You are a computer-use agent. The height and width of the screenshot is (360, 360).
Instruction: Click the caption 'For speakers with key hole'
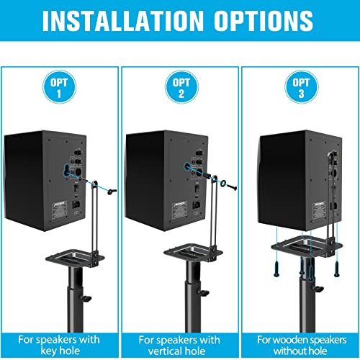pyautogui.click(x=60, y=343)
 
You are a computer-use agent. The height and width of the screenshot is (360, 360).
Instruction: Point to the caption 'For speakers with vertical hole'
pyautogui.click(x=179, y=343)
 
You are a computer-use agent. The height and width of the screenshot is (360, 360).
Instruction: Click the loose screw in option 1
pyautogui.click(x=109, y=192)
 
